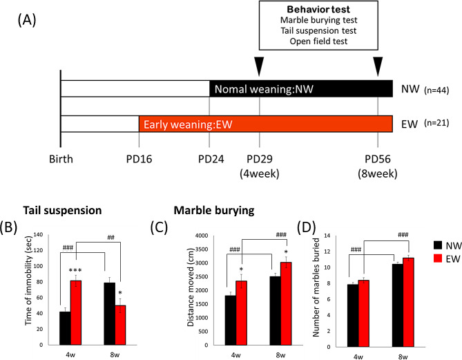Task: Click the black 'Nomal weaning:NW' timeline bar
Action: tap(300, 89)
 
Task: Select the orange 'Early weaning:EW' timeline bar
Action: tap(266, 124)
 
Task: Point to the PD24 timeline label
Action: tap(210, 158)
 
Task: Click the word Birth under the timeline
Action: tap(60, 158)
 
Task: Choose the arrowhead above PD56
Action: tap(378, 66)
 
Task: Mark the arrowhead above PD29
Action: tap(259, 66)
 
